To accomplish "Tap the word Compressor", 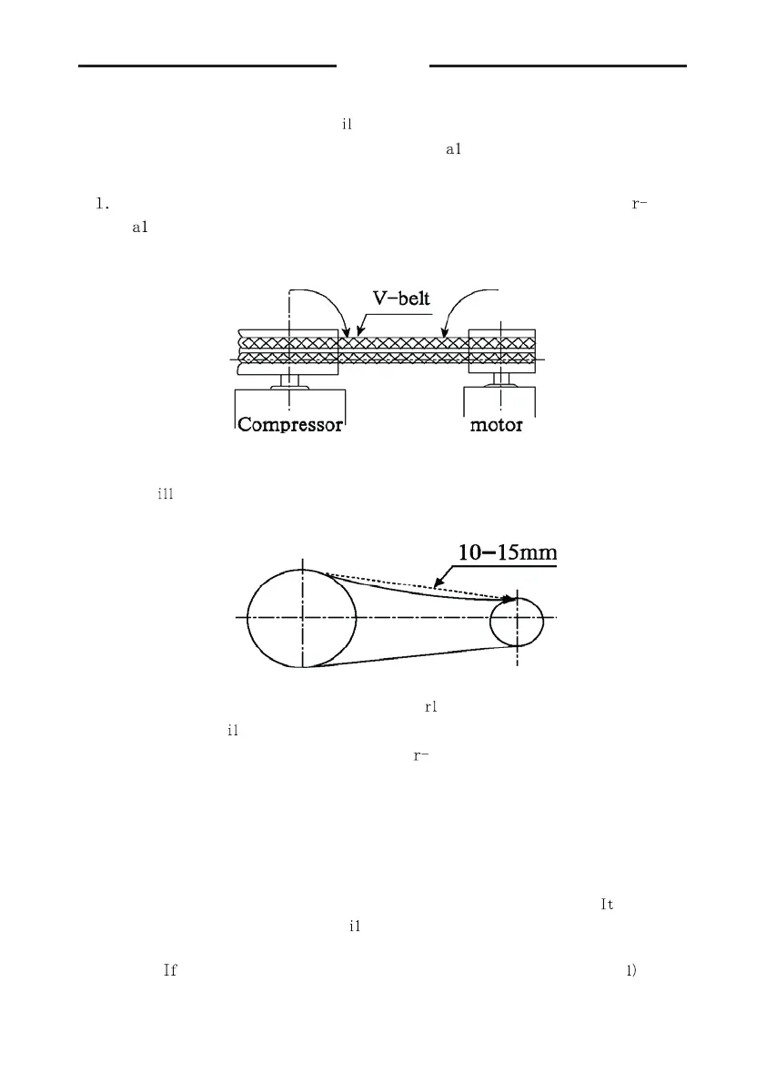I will pos(290,424).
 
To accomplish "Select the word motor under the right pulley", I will pos(496,424).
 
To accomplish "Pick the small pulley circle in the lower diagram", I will pos(517,622).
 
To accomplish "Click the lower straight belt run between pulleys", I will pos(409,656).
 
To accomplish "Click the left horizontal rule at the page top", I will pos(207,66).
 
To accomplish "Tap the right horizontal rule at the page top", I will pos(558,66).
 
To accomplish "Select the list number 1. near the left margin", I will pos(102,203).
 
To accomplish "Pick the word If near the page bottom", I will pos(169,970).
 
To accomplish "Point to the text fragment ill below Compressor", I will pos(165,495).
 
